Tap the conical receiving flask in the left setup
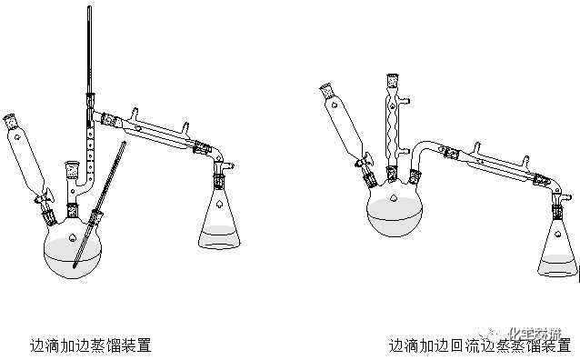click(x=221, y=222)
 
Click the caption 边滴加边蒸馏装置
click(x=90, y=345)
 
